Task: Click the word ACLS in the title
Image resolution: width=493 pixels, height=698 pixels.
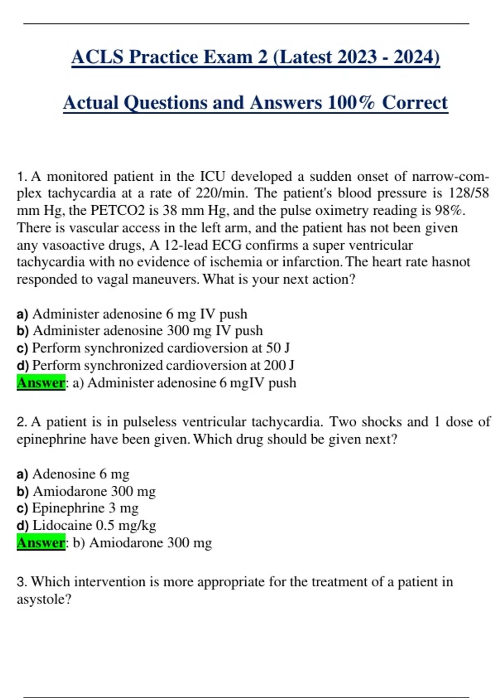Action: [x=97, y=57]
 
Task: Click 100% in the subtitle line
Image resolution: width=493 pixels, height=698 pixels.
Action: [x=352, y=103]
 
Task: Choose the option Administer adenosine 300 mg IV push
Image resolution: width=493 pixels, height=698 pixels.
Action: [x=147, y=331]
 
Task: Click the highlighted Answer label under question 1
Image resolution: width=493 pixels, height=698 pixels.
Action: [x=41, y=383]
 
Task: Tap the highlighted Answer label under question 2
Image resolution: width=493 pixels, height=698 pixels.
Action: [x=41, y=543]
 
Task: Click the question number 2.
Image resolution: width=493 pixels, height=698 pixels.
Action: [x=21, y=422]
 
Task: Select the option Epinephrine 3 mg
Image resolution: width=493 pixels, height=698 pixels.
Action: [x=85, y=508]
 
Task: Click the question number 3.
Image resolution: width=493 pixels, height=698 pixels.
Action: [x=21, y=582]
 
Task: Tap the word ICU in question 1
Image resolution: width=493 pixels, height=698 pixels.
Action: [x=212, y=177]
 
